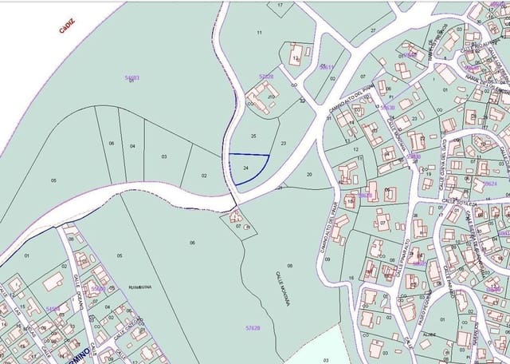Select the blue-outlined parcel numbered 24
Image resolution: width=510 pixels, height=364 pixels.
[246, 168]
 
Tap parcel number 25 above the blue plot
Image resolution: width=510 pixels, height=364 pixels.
[253, 136]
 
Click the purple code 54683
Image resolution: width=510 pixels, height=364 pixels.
[131, 77]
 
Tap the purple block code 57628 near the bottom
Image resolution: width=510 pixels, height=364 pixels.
[253, 327]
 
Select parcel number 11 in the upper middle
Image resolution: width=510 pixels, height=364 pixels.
[259, 32]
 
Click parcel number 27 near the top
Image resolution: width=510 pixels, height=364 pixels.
[372, 31]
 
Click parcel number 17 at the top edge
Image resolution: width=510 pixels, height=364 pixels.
[280, 5]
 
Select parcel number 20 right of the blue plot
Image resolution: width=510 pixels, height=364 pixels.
[308, 174]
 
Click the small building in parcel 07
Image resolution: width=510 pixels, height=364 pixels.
[237, 216]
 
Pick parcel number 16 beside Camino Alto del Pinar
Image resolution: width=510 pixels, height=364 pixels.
[351, 278]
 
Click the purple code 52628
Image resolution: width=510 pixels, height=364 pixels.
[266, 77]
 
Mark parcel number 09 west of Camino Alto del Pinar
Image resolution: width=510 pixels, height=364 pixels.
[327, 260]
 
